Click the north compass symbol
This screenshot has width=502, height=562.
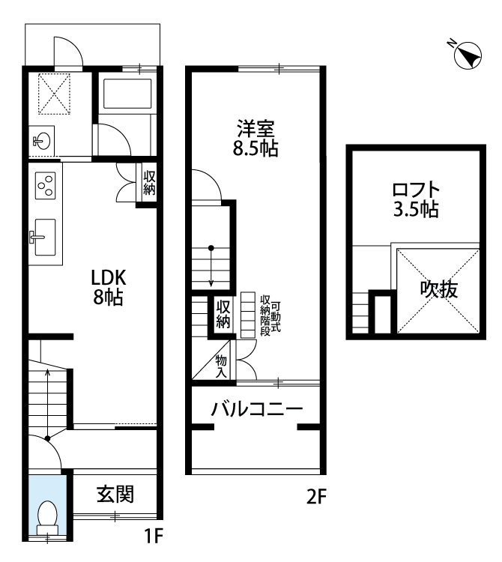(x=467, y=55)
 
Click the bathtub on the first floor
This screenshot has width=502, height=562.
(x=127, y=94)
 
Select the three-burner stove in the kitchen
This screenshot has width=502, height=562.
(x=45, y=186)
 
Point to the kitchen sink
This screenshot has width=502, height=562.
(x=43, y=238)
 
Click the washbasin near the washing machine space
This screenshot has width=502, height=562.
(x=41, y=141)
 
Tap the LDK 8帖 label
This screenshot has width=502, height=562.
(x=108, y=287)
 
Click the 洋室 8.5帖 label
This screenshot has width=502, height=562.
(x=255, y=139)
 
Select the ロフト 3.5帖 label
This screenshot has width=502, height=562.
(x=416, y=199)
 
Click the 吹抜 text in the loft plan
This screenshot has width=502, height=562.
(x=439, y=289)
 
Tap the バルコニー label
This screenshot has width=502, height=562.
(x=256, y=409)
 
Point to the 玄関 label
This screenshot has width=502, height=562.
(x=115, y=495)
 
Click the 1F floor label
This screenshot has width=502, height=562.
(x=154, y=537)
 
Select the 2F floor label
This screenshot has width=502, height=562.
(x=316, y=497)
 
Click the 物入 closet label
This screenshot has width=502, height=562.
(x=221, y=366)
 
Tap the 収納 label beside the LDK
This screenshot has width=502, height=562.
(x=149, y=183)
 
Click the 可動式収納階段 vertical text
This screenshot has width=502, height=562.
(x=270, y=315)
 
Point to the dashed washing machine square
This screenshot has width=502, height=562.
(x=54, y=94)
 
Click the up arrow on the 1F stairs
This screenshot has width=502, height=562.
(x=48, y=404)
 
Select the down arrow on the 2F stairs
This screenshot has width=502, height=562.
(x=211, y=266)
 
